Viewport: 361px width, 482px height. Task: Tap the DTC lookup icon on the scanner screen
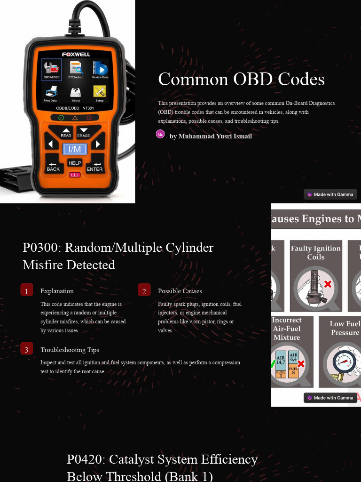point(76,69)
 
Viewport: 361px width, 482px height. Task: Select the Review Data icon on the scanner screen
point(100,69)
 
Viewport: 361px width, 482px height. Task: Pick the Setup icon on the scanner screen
point(100,92)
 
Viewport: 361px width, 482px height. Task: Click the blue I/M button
point(75,150)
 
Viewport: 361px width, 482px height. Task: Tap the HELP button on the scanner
point(75,163)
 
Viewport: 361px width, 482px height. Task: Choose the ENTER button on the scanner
point(95,166)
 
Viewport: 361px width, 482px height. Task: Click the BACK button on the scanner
point(53,166)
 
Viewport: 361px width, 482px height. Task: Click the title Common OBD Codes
point(241,79)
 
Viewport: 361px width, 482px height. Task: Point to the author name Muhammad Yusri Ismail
point(211,136)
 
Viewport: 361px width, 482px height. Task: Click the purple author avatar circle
point(160,134)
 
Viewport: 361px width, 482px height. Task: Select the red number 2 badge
point(144,290)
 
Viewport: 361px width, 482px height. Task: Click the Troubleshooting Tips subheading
point(70,350)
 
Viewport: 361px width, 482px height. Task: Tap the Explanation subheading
point(57,291)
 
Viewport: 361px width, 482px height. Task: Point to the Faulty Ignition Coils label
point(315,252)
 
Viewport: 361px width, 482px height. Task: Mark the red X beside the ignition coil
point(328,284)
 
